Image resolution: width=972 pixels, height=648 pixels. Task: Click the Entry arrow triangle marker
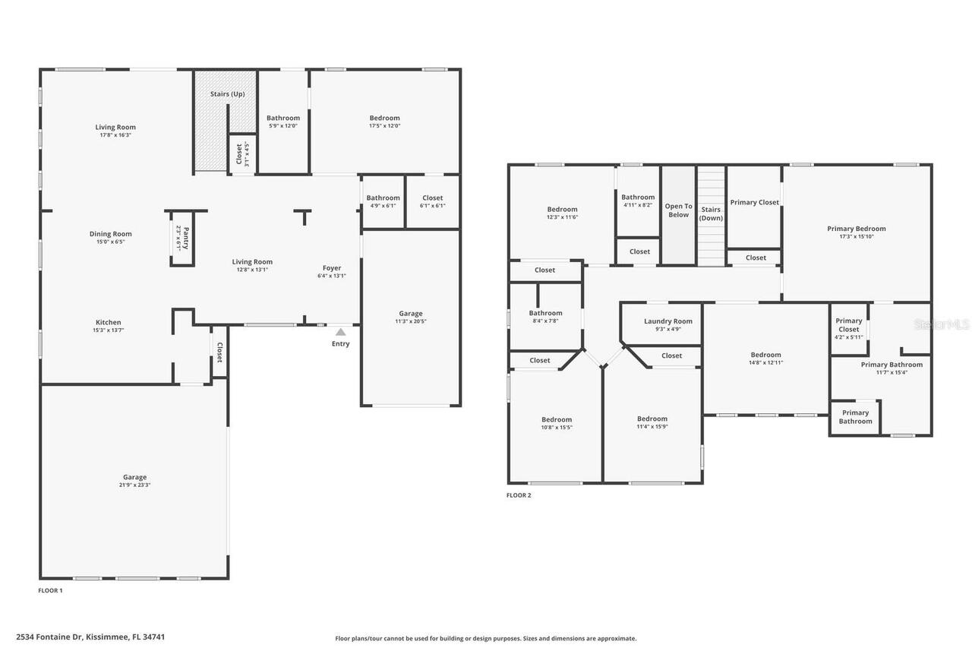tap(341, 331)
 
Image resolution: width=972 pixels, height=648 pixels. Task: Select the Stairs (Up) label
tap(227, 94)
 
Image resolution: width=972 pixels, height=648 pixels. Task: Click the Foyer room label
tap(332, 267)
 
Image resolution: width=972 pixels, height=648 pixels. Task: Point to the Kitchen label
tap(108, 322)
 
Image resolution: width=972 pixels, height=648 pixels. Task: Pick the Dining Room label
tap(110, 234)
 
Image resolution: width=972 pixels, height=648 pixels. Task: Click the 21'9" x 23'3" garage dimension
tap(134, 485)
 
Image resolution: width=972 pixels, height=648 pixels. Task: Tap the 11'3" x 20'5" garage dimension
tap(411, 321)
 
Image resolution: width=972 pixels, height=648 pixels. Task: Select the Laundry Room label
tap(668, 321)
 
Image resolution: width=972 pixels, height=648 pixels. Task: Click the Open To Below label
tap(678, 210)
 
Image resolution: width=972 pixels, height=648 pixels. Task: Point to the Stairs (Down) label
tap(711, 213)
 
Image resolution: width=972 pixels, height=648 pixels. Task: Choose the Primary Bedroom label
tap(857, 229)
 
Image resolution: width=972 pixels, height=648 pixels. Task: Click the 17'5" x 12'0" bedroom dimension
tap(384, 126)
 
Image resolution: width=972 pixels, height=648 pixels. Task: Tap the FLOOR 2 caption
tap(519, 495)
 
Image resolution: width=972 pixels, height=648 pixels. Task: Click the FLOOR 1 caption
tap(50, 590)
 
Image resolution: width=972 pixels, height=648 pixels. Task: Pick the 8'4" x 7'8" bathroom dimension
tap(545, 321)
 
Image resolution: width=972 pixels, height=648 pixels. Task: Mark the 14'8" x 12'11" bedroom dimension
tap(765, 363)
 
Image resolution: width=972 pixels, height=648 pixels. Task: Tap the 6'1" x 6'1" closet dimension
tap(432, 206)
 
